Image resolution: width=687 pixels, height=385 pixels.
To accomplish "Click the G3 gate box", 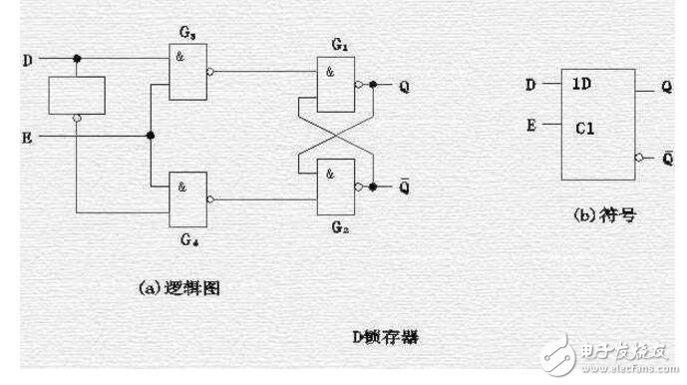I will click(187, 73).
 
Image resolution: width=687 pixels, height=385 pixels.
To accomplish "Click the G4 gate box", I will click(187, 195).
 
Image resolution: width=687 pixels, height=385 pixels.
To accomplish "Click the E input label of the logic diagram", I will click(27, 136).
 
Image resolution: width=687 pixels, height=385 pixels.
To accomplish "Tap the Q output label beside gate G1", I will click(402, 85).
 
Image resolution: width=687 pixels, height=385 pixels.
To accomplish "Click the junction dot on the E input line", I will click(151, 136).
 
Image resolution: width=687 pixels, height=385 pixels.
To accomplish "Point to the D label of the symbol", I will click(531, 85).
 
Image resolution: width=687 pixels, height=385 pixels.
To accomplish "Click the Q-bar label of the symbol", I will click(666, 157).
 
